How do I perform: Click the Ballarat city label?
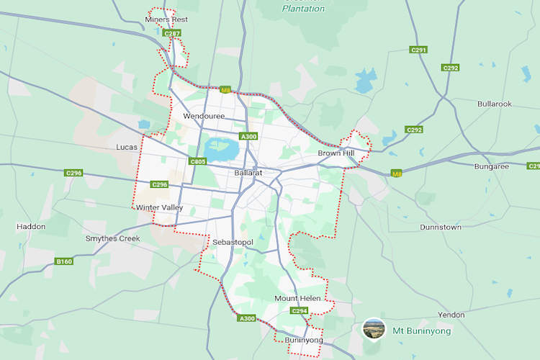click(x=248, y=174)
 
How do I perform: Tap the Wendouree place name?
click(x=204, y=116)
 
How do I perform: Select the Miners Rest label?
click(x=166, y=19)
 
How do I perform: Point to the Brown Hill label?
click(x=336, y=153)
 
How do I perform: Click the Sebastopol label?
click(x=233, y=243)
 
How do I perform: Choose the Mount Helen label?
click(x=297, y=298)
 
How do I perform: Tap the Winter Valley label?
click(x=159, y=208)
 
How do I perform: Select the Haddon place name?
click(x=31, y=227)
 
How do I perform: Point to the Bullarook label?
click(x=494, y=104)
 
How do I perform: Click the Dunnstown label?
click(x=441, y=227)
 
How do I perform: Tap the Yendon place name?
click(x=451, y=315)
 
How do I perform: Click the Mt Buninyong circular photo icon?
click(x=373, y=330)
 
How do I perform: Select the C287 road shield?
click(x=172, y=33)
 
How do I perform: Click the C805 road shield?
click(x=198, y=162)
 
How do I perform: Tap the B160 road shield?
click(x=64, y=261)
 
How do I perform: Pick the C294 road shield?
click(x=300, y=311)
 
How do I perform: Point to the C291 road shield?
click(x=418, y=50)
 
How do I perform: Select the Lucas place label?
click(x=127, y=147)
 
